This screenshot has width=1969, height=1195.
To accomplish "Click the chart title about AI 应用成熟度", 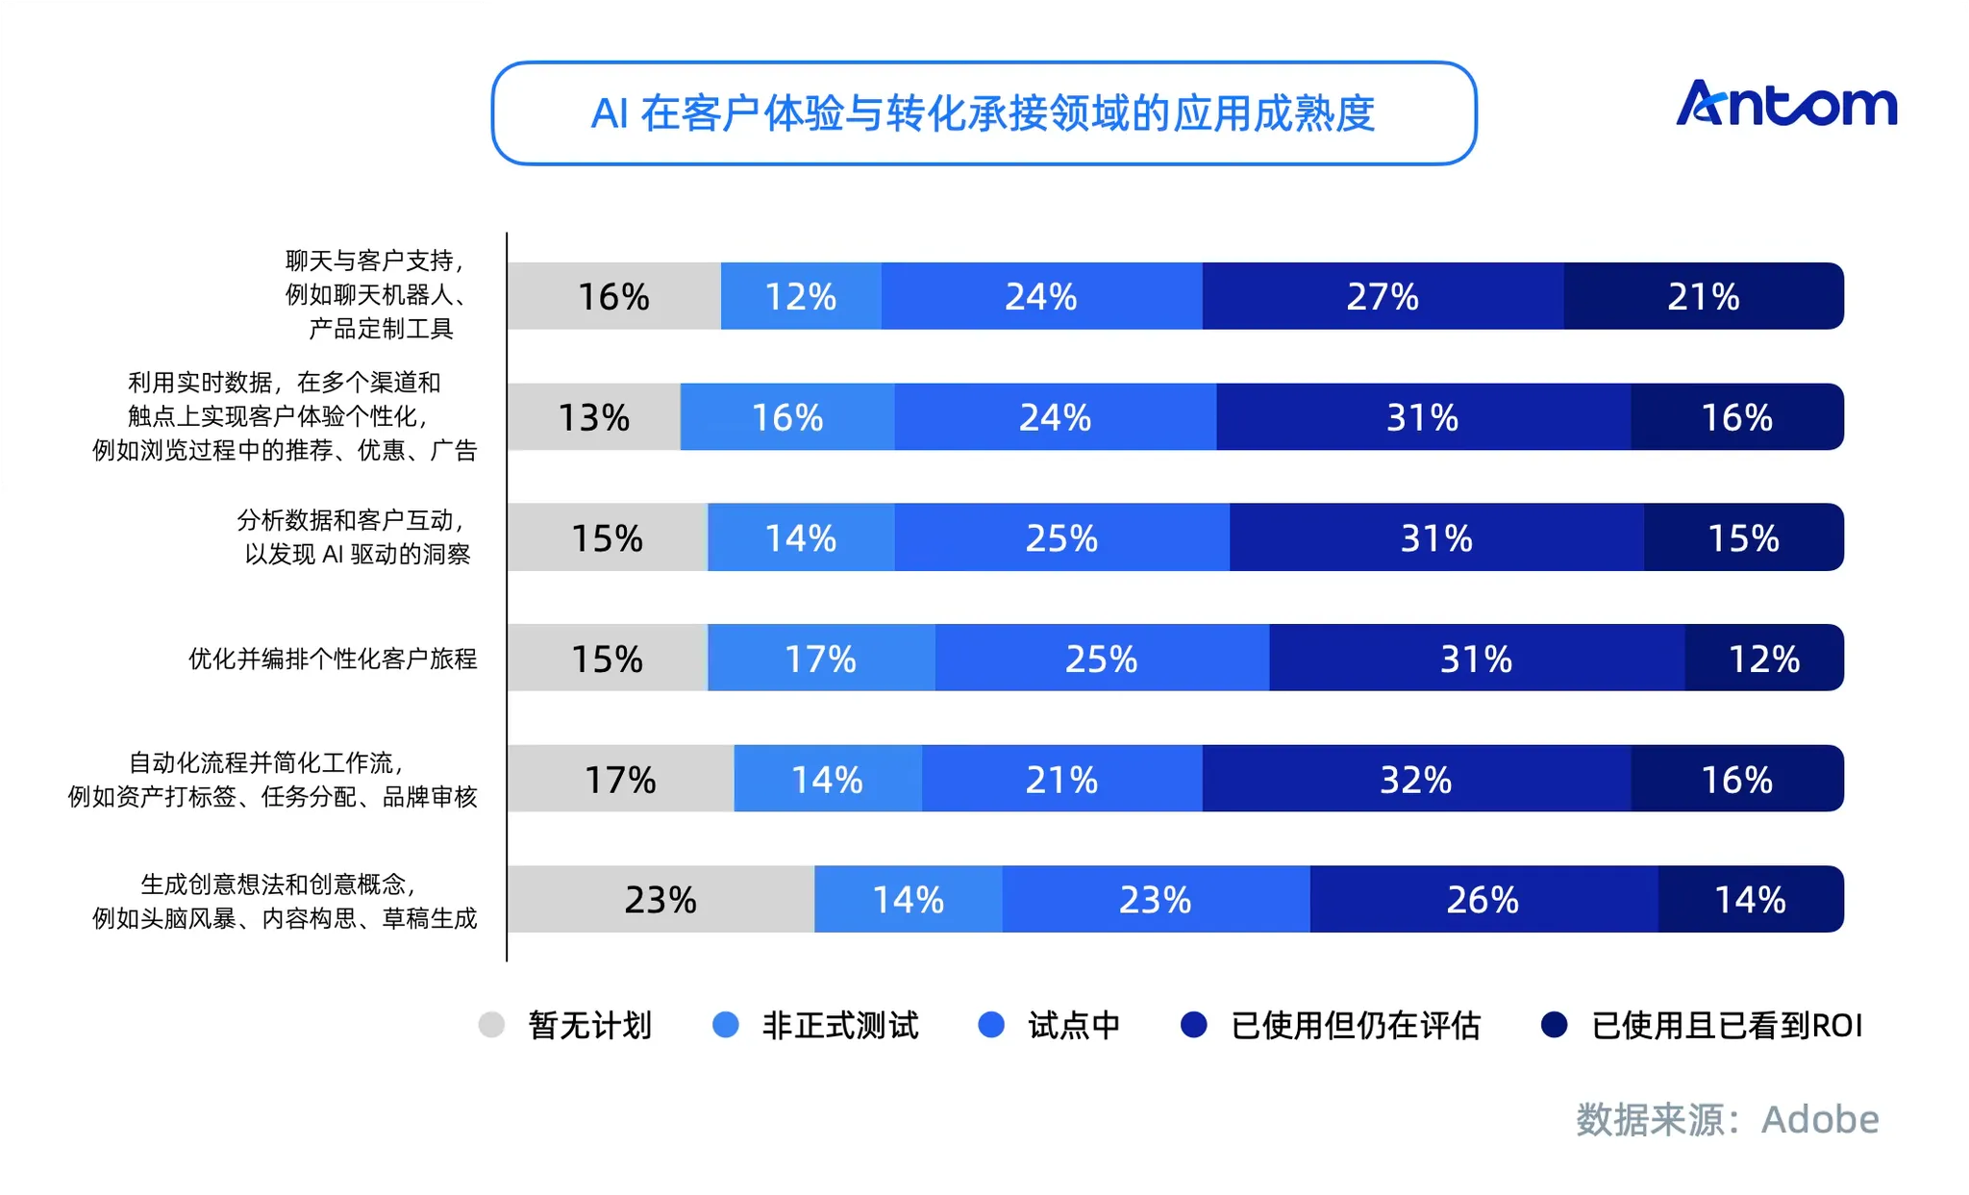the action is [983, 113].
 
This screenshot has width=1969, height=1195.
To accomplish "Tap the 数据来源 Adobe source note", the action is [1727, 1119].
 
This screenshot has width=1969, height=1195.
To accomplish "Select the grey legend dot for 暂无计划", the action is [491, 1025].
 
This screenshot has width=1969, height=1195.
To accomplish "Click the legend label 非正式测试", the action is [840, 1026].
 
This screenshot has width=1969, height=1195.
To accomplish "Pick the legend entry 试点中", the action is [1049, 1026].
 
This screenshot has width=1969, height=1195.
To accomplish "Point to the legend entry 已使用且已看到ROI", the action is [1702, 1026].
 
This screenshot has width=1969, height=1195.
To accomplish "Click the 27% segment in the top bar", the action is [1383, 296].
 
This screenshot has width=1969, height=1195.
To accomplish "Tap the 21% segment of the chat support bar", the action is [1704, 296].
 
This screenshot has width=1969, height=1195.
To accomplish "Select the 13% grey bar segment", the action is [594, 417].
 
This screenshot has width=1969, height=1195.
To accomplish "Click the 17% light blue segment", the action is [821, 659].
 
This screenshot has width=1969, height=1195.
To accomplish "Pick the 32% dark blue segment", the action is [1416, 779].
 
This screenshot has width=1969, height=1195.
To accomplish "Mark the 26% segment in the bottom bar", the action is [1483, 900].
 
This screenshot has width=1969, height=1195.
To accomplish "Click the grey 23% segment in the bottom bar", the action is [660, 900].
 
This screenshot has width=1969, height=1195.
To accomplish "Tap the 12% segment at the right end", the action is [1764, 659].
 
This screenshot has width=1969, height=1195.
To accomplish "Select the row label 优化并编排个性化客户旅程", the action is [333, 659].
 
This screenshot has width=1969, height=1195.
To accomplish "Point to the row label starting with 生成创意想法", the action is [285, 901].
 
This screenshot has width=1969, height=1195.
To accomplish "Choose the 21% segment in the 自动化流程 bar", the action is [1061, 779].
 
